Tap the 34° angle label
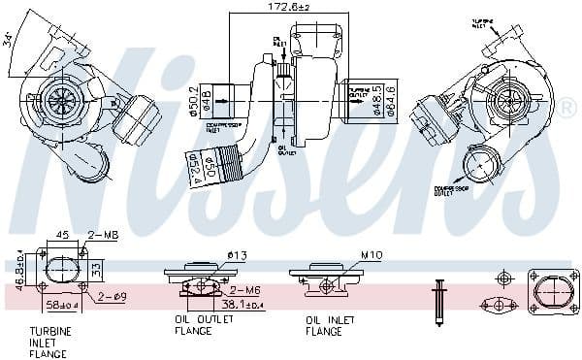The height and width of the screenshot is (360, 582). pos(9,41)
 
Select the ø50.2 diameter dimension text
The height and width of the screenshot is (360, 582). pos(194,96)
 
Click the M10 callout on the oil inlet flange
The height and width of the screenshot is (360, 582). pos(345,255)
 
